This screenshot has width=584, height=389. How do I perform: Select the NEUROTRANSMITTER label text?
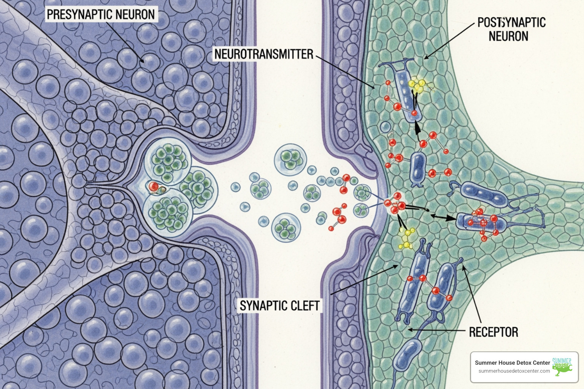pos(263,54)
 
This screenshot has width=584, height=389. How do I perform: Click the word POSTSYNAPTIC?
pos(511,23)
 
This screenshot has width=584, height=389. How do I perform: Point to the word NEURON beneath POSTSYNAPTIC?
pos(508,36)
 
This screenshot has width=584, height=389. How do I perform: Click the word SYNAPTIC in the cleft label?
pos(263,306)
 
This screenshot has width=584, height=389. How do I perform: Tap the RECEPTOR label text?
pos(493,332)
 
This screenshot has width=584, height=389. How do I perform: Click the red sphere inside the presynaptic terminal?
pos(153,187)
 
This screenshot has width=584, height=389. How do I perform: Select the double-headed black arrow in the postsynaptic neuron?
pos(443,218)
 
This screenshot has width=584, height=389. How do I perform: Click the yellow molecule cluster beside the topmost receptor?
pos(417,85)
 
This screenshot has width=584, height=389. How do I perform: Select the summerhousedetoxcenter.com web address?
pos(514,371)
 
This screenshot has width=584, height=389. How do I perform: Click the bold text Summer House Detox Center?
pos(512,363)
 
